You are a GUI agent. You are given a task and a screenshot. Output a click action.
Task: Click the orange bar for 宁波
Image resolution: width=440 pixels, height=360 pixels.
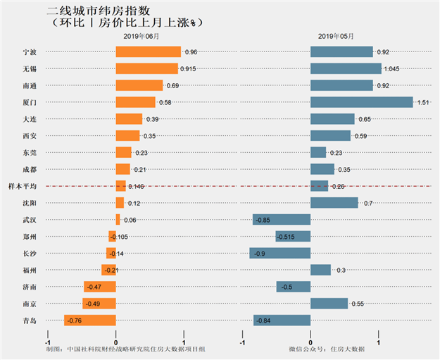click(148, 52)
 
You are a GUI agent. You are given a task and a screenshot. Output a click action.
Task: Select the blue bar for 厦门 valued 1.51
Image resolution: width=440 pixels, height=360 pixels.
click(361, 102)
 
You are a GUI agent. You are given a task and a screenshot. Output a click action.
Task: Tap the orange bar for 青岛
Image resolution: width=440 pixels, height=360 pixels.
click(89, 321)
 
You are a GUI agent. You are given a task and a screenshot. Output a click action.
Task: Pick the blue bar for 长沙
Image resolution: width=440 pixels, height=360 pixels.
click(279, 253)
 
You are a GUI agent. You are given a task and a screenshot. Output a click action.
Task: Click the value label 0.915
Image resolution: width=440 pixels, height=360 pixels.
click(189, 68)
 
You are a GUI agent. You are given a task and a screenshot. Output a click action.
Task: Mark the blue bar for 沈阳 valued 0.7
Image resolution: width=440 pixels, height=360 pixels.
click(334, 203)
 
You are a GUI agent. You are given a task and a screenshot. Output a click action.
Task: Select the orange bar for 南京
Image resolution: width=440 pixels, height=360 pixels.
click(99, 304)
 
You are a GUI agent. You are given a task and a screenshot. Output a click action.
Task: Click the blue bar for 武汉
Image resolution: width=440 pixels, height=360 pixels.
click(282, 220)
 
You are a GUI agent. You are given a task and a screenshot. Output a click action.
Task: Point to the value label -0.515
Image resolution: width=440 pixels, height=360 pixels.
click(285, 237)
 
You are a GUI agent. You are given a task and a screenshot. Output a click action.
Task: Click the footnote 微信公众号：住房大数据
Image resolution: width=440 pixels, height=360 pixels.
click(327, 349)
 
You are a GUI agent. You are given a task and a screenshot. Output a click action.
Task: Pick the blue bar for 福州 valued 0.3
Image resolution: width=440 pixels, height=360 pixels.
click(320, 270)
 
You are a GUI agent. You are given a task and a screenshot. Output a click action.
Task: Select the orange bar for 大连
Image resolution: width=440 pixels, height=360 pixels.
click(129, 119)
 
